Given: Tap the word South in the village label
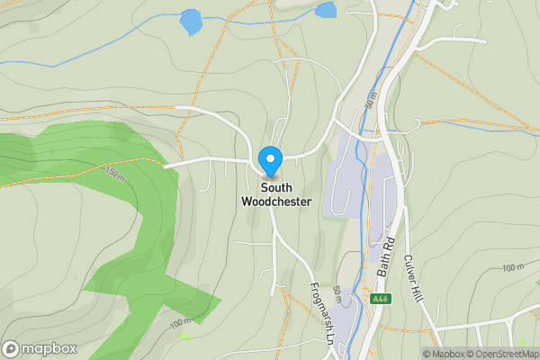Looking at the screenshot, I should pos(276,188).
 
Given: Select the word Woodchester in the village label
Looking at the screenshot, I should pos(276,202).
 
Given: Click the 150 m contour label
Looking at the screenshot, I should pos(113,171).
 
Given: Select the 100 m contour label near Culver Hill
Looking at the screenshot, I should pos(513,267).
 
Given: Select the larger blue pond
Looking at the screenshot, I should pos(191,22).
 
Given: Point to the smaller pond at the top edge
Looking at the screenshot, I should pos(325,10).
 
